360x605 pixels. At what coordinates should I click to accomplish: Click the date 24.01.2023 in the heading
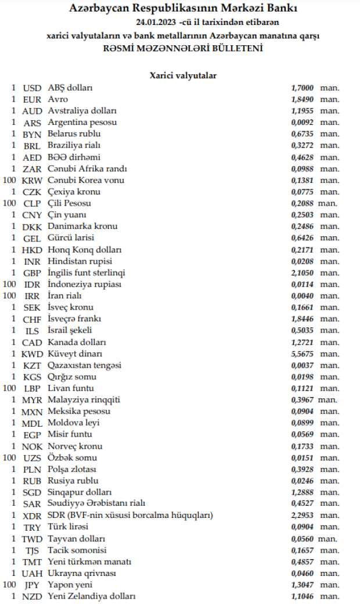tap(154, 22)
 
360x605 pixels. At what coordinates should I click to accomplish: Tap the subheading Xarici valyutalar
tap(183, 75)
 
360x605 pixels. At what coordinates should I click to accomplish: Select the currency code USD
tap(33, 88)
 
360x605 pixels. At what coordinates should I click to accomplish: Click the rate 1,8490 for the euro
tap(303, 100)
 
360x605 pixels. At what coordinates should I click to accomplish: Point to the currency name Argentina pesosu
tap(82, 123)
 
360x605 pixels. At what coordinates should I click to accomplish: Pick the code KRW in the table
tap(33, 181)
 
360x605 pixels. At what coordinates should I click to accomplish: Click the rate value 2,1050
tap(303, 273)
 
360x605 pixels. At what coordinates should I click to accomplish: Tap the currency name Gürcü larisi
tap(71, 238)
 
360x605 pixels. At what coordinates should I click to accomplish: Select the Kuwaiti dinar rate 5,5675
tap(303, 354)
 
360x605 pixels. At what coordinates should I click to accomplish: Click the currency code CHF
tap(33, 319)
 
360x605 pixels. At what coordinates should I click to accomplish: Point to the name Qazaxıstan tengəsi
tap(85, 365)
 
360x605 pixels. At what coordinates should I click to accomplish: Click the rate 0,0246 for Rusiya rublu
tap(303, 481)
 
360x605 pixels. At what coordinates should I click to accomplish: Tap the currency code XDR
tap(33, 516)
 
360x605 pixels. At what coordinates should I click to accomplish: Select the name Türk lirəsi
tap(68, 527)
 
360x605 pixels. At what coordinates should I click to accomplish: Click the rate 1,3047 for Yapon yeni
tap(303, 585)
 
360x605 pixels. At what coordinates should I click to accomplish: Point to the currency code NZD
tap(33, 596)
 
